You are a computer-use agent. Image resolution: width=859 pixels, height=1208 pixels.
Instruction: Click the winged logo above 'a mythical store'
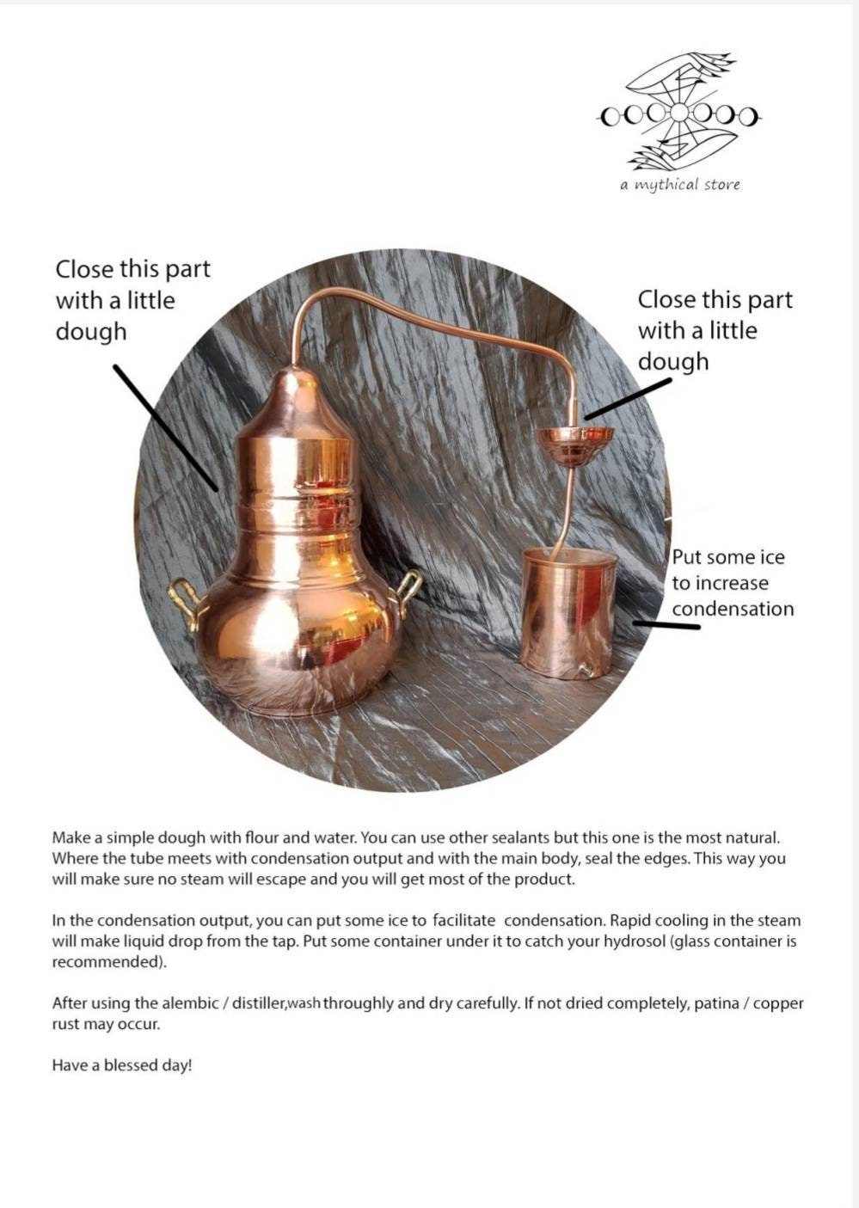click(679, 112)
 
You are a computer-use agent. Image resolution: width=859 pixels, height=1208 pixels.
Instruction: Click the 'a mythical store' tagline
click(679, 185)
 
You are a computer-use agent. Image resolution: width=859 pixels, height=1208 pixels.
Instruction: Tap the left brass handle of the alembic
click(184, 602)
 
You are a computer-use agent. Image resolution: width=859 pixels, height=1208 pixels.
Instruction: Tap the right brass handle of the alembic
click(407, 593)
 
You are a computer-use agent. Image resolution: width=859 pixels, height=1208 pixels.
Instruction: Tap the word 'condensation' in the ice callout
click(733, 609)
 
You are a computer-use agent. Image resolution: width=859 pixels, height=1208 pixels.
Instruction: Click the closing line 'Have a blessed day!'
click(122, 1065)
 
